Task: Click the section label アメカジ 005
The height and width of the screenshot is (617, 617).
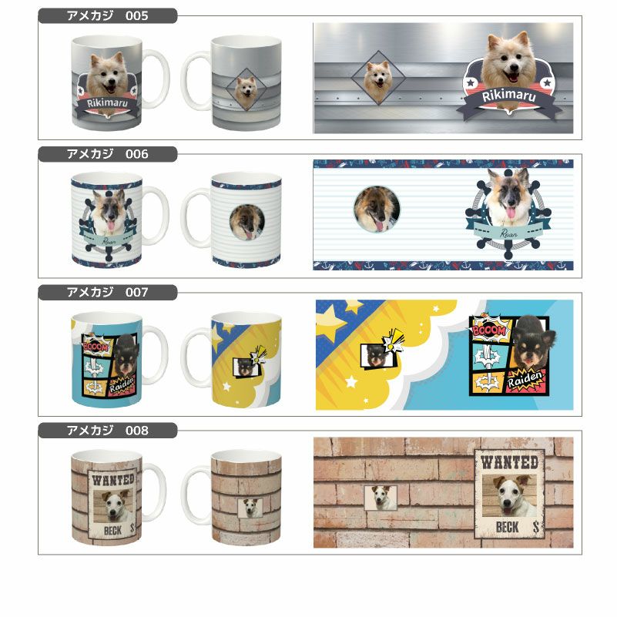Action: [107, 15]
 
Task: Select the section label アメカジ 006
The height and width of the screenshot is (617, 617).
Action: [107, 154]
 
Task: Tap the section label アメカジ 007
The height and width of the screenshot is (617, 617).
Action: [107, 293]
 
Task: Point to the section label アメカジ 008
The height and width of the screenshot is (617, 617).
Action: [107, 430]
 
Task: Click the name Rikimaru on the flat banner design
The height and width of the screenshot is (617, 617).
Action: [508, 96]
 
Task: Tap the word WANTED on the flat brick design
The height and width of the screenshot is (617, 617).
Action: [509, 462]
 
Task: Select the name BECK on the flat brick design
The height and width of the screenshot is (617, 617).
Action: [508, 528]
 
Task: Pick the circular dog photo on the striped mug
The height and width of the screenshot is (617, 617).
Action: [246, 220]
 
